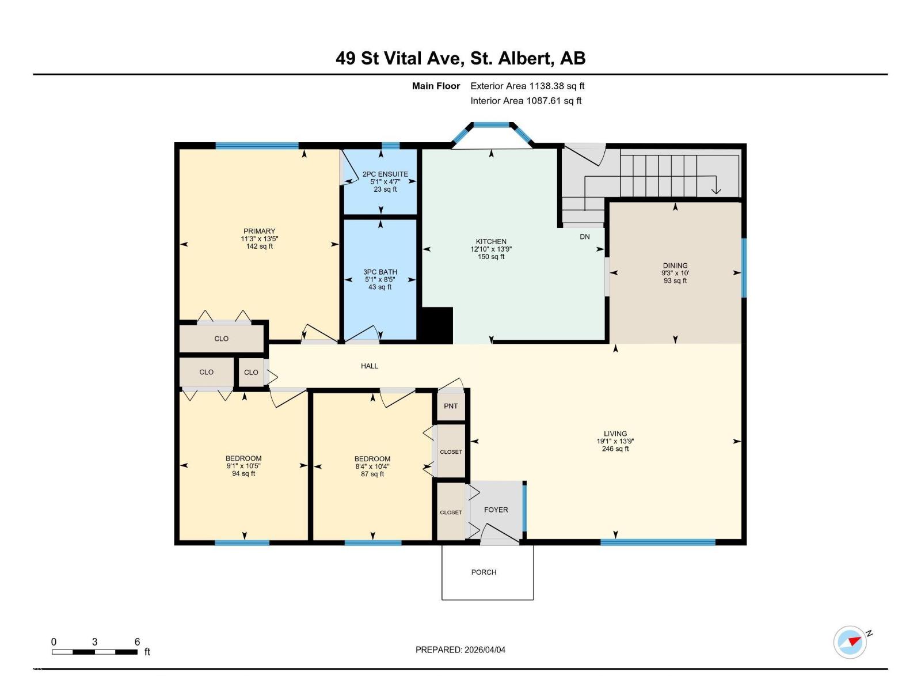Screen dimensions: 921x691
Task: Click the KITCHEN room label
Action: pyautogui.click(x=491, y=242)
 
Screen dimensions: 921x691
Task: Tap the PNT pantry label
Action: pyautogui.click(x=451, y=406)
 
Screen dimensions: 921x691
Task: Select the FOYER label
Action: pyautogui.click(x=496, y=510)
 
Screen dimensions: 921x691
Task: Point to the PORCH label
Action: pyautogui.click(x=484, y=572)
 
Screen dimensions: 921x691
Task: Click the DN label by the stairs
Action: pyautogui.click(x=584, y=237)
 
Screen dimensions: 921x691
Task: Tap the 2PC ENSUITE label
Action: pyautogui.click(x=385, y=174)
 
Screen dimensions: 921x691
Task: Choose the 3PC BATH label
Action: pyautogui.click(x=380, y=272)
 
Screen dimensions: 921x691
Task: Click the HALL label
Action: pyautogui.click(x=369, y=366)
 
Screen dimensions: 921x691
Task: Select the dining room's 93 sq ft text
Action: pyautogui.click(x=675, y=280)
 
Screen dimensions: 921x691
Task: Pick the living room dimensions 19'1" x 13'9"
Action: pyautogui.click(x=615, y=441)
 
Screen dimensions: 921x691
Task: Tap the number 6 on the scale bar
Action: pyautogui.click(x=137, y=641)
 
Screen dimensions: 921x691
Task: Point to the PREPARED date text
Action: pyautogui.click(x=461, y=650)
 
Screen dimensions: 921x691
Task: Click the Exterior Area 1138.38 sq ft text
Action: pyautogui.click(x=527, y=86)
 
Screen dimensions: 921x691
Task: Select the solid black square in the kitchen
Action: pyautogui.click(x=437, y=325)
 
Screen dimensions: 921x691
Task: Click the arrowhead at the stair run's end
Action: pyautogui.click(x=716, y=191)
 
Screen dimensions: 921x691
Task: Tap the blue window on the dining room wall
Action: pyautogui.click(x=744, y=268)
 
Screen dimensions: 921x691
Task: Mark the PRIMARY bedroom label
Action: pyautogui.click(x=259, y=231)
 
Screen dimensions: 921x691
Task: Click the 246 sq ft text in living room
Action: pyautogui.click(x=615, y=449)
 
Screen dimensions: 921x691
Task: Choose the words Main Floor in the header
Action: pyautogui.click(x=436, y=86)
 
